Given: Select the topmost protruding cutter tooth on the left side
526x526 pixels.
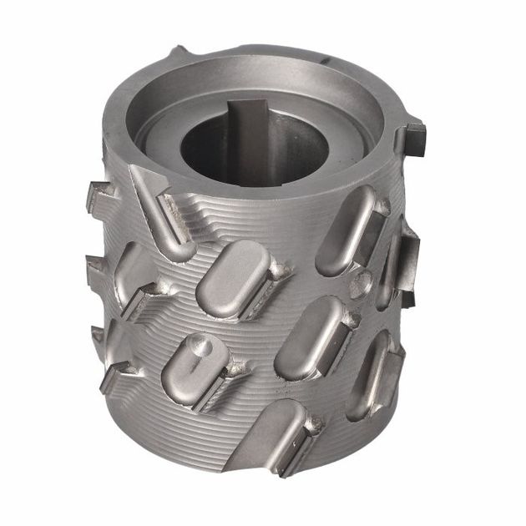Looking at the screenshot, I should click(x=98, y=200).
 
